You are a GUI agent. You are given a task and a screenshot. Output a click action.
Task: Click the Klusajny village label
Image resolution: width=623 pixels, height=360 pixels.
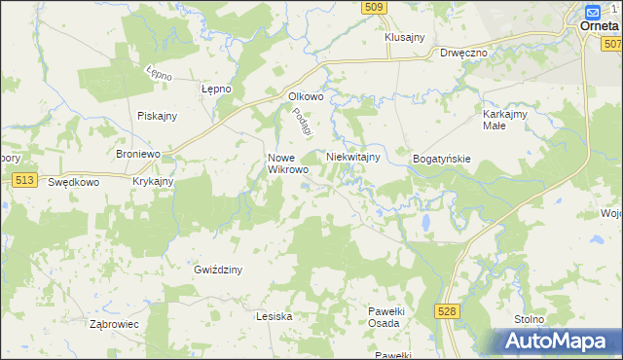405,37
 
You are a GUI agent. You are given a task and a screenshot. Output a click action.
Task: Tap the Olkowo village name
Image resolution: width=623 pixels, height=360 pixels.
306,96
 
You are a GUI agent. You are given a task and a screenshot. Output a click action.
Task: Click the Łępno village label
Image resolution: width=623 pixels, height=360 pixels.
216,89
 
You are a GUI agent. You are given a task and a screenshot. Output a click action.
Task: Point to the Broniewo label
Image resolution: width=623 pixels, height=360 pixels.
137,155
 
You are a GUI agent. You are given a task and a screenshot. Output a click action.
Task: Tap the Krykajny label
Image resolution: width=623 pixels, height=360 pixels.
153,181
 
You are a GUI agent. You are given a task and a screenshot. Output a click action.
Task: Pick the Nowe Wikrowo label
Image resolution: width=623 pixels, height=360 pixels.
288,162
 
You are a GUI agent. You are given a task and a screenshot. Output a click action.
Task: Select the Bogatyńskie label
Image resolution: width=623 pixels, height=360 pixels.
442,158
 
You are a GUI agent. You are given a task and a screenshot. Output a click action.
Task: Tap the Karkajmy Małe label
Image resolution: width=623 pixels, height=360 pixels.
505,120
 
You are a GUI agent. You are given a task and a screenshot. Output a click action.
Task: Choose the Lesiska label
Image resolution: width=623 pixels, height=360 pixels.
274,316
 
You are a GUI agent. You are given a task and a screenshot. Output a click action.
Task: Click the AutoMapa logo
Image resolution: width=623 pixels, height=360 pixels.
556,341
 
